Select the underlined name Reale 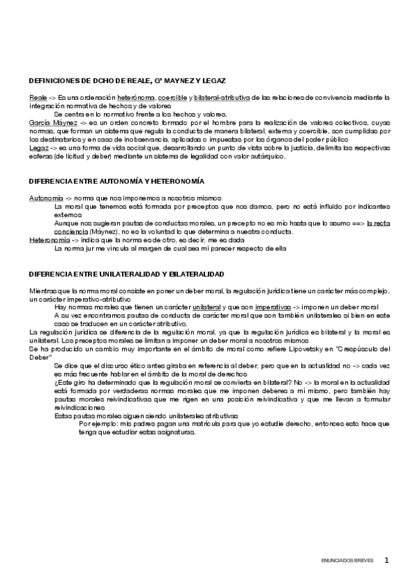coord(37,98)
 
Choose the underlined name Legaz coord(38,148)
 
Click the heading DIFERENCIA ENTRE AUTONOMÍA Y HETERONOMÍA coord(116,181)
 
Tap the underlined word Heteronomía coord(49,240)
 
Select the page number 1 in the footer coord(387,560)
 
